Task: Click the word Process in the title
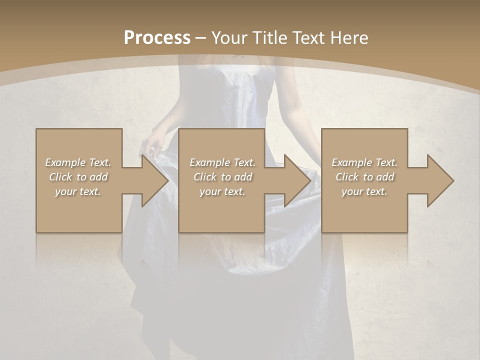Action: (x=157, y=37)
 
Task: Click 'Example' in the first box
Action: (x=65, y=162)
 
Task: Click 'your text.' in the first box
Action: (x=78, y=191)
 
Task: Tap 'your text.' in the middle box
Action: (x=222, y=191)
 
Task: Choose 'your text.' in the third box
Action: (x=364, y=191)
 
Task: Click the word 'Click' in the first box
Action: (x=61, y=177)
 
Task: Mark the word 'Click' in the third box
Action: (x=347, y=177)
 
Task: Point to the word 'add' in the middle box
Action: (x=243, y=177)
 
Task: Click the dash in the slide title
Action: (x=200, y=38)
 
